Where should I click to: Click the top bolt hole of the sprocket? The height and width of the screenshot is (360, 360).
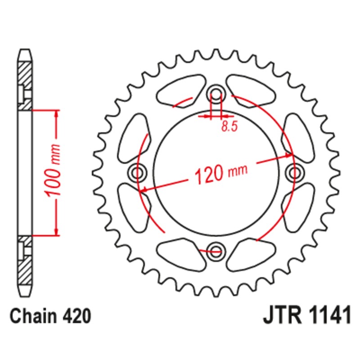[216, 94]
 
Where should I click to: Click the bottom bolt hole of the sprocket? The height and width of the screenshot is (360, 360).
[216, 250]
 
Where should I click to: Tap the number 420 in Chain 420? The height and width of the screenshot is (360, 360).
[77, 316]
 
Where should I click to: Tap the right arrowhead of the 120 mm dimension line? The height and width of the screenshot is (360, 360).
[289, 156]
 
